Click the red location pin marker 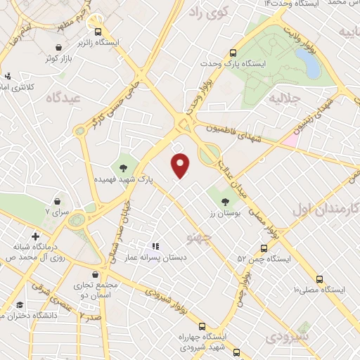181,165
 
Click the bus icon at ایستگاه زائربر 98,32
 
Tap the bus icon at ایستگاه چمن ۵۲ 264,248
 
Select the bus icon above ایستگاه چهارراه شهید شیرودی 202,326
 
